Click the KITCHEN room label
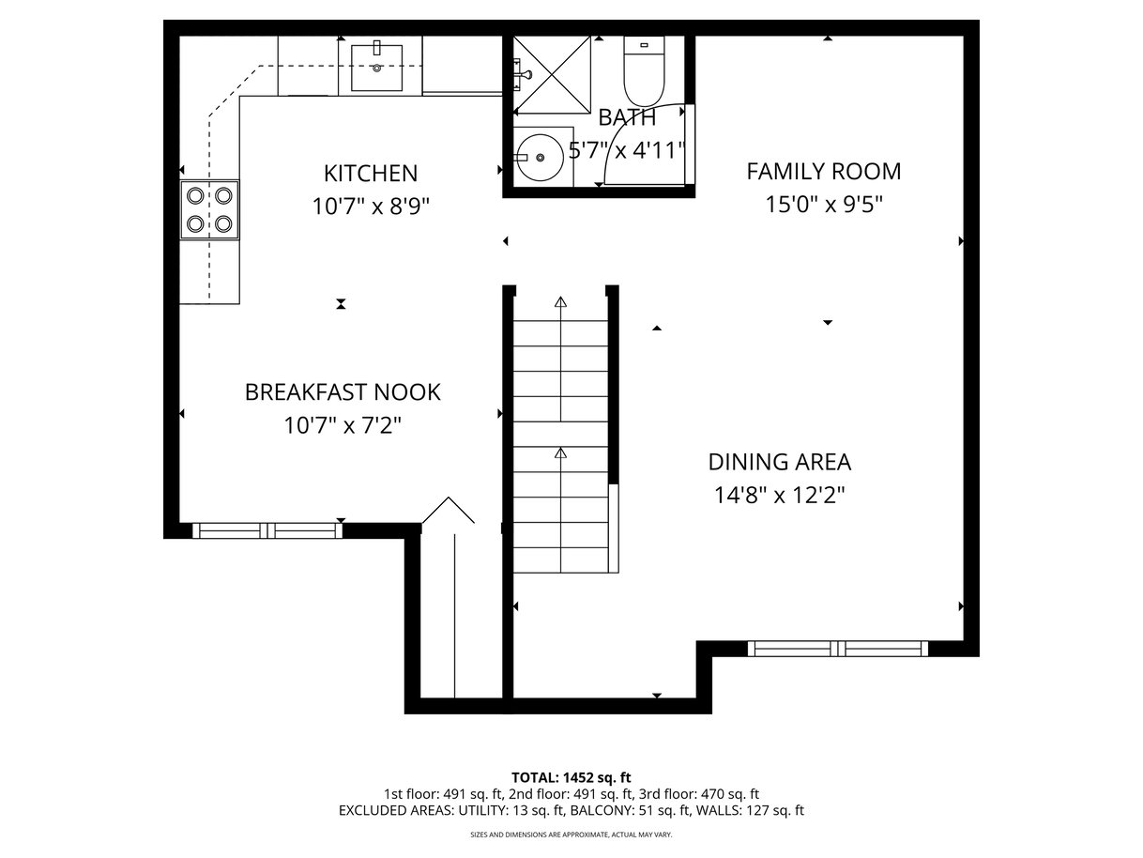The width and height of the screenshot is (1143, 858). (x=371, y=174)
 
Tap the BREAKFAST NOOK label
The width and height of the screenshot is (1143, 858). (x=343, y=392)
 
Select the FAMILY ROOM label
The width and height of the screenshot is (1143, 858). (x=824, y=172)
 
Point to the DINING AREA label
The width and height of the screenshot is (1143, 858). (x=780, y=462)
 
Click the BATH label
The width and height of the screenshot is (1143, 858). (x=627, y=117)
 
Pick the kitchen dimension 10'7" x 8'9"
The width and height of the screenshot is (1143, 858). (x=371, y=207)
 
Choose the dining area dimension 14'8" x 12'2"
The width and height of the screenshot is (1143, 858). (x=779, y=495)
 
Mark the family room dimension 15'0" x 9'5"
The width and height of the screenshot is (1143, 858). (x=824, y=205)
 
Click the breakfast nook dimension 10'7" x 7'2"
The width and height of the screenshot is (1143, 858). (x=343, y=425)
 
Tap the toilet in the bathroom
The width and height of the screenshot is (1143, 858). (x=644, y=71)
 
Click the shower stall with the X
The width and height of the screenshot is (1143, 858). (x=552, y=74)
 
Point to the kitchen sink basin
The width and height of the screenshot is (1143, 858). (x=376, y=68)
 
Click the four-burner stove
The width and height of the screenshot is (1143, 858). (x=209, y=210)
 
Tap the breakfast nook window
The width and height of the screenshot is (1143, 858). (x=267, y=530)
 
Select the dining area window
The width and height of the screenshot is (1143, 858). (x=838, y=649)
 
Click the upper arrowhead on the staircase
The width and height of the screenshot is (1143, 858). (x=561, y=301)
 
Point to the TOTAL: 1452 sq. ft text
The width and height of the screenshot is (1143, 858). (x=571, y=778)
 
